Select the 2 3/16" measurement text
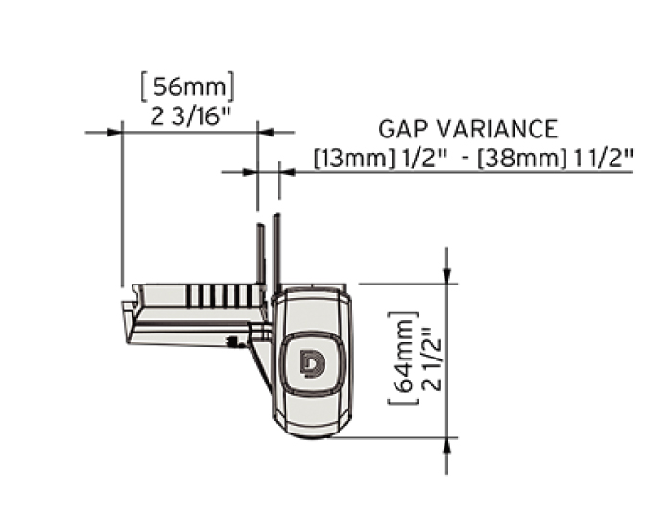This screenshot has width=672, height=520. [x=187, y=117]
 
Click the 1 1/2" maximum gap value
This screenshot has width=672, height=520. [x=605, y=159]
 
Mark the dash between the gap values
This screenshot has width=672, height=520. [x=466, y=160]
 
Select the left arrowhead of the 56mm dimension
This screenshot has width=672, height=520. [x=113, y=132]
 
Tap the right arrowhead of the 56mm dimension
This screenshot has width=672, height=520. [x=265, y=132]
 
